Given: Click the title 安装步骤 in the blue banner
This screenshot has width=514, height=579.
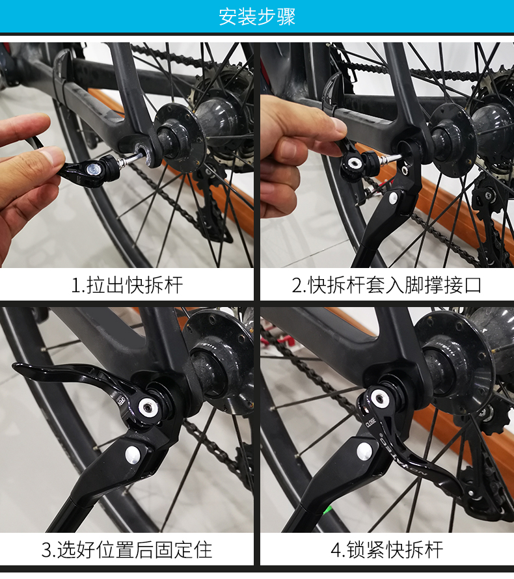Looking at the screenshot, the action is coord(257,17).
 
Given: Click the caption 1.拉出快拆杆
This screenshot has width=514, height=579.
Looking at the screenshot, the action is coord(127,285).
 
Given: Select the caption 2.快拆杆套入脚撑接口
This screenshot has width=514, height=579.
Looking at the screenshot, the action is coord(386,285).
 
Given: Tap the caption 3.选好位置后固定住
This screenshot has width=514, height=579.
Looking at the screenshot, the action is coord(127,550).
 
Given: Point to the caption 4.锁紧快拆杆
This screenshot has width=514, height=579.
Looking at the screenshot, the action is coord(386,550).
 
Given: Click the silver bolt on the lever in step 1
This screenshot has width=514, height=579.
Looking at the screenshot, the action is coord(92,170).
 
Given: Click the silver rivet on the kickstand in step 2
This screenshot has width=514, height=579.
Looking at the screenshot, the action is coord(393,198).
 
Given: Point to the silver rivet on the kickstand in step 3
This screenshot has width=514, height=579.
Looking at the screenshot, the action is coord(133,455).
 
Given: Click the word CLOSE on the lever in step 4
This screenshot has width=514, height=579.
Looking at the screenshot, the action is coord(370,422).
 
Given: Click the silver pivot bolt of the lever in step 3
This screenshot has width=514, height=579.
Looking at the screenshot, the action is coord(148,407).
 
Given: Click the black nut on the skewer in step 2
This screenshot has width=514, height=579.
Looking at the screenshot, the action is coord(371,162).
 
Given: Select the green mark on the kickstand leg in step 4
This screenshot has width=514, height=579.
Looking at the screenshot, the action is coord(327,510).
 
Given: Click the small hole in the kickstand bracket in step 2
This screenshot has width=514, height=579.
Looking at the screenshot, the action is coord(405,170).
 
